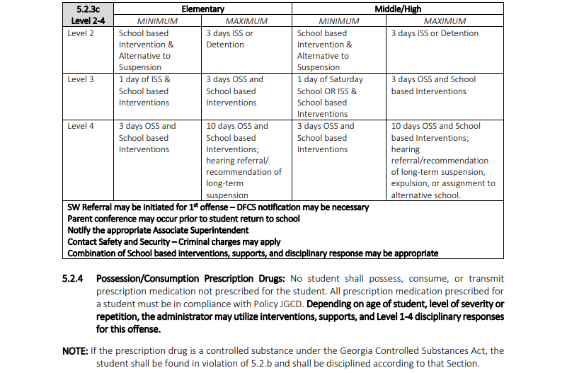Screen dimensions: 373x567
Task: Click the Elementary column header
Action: coord(202,9)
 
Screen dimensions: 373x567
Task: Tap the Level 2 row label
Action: coord(81,33)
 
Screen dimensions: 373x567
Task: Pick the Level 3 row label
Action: coord(81,79)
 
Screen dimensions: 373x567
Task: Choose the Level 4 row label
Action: coord(81,126)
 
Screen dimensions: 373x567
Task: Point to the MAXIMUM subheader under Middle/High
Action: coord(445,21)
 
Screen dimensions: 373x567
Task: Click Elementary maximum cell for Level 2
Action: coord(229,39)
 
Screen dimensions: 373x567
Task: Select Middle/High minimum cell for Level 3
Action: coord(330,96)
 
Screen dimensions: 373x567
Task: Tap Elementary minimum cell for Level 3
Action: coord(144,91)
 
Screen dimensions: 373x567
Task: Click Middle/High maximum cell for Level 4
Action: coord(443,161)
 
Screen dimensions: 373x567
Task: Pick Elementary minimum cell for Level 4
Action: coord(147,137)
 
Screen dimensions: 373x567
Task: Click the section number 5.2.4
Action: coord(74,278)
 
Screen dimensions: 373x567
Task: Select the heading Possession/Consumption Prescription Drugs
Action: coord(190,278)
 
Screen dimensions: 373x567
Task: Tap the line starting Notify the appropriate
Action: coord(158,230)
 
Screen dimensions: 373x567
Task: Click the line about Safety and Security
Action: coord(174,241)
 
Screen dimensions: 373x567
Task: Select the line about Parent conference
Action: coord(183,219)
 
